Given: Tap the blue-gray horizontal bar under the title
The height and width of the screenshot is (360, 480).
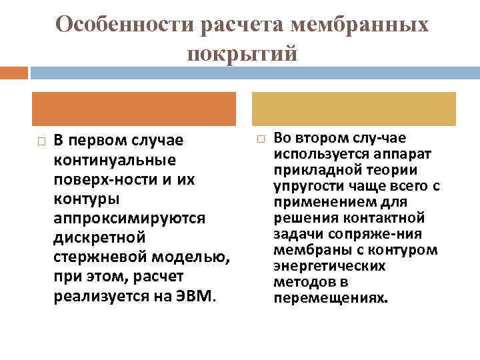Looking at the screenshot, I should (x=253, y=71).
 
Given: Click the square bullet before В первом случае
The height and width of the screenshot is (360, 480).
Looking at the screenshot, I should (x=41, y=142).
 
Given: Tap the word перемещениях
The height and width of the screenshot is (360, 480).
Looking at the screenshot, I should (x=329, y=297).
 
